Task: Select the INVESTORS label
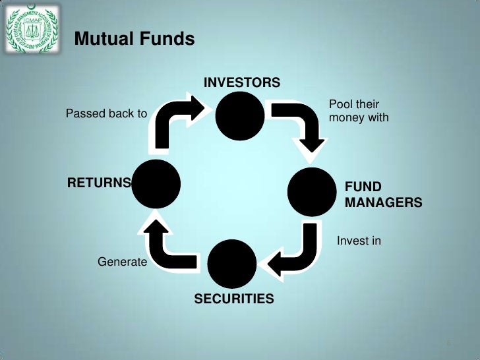coord(241,82)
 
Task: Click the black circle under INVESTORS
coord(241,115)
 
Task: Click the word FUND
coord(363,187)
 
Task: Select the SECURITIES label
coord(233,299)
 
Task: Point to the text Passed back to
coord(106,114)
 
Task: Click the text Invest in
coord(359,241)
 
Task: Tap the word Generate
coord(122,262)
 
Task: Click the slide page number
coord(448,345)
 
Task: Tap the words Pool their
coord(353,105)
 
